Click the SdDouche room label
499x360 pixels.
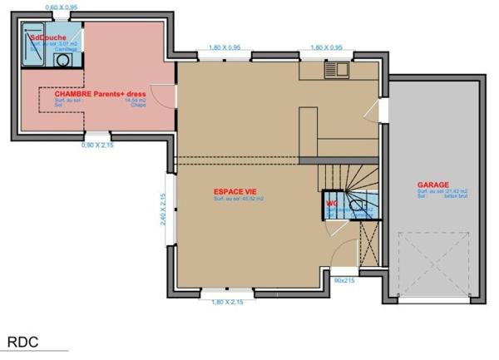48,37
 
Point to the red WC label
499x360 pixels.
331,202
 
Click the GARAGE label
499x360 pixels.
432,185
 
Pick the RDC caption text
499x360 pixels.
23,342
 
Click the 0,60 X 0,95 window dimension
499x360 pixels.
61,7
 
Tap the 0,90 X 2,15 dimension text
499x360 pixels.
99,145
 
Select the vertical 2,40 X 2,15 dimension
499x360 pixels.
164,209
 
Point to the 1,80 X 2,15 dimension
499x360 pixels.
227,302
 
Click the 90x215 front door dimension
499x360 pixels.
343,281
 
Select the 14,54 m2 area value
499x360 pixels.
136,100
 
